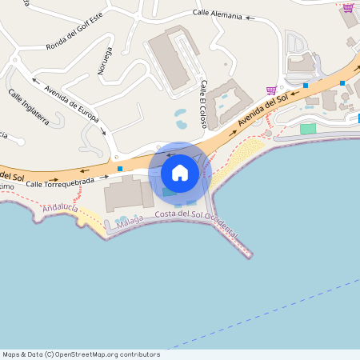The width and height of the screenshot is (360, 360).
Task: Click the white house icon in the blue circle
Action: point(180,172)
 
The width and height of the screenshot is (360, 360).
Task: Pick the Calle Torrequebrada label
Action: point(56,183)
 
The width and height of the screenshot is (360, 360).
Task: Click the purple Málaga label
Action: point(129,218)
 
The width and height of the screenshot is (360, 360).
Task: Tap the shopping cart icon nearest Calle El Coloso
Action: point(271,90)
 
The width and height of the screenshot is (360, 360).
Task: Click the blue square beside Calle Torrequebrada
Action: point(120,168)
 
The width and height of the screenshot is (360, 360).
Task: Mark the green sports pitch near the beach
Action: point(308,128)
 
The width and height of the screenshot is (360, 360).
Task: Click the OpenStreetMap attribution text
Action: point(81,354)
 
